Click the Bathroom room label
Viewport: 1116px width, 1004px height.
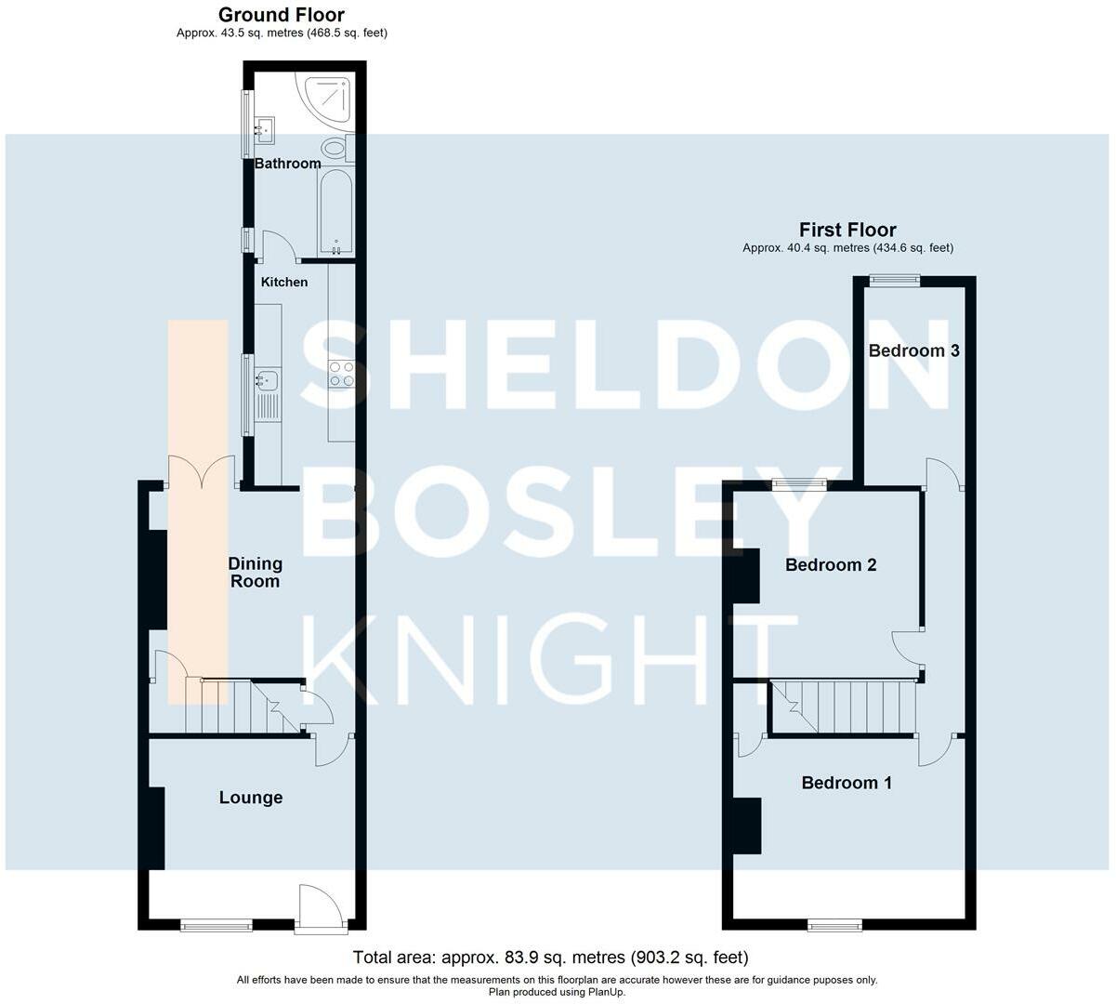coord(288,164)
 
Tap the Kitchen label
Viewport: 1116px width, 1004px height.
coord(284,282)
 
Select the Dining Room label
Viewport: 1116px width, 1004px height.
coord(256,573)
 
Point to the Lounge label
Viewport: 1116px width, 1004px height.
coord(251,798)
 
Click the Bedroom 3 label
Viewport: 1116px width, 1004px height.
coord(914,350)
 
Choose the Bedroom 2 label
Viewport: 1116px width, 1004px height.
coord(831,564)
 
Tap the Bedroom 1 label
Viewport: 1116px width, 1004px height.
coord(847,783)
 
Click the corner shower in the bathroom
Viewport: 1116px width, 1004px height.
coord(326,99)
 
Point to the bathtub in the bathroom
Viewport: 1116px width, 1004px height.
coord(335,212)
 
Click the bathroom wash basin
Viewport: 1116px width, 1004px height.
coord(264,131)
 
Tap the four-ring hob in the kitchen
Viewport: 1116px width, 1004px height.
coord(342,374)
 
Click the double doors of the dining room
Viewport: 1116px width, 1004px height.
coord(203,471)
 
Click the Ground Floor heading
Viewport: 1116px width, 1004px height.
coord(281,15)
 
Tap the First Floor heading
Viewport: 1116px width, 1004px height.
coord(847,230)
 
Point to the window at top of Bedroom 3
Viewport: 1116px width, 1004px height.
coord(895,281)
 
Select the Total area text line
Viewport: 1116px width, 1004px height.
coord(551,957)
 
